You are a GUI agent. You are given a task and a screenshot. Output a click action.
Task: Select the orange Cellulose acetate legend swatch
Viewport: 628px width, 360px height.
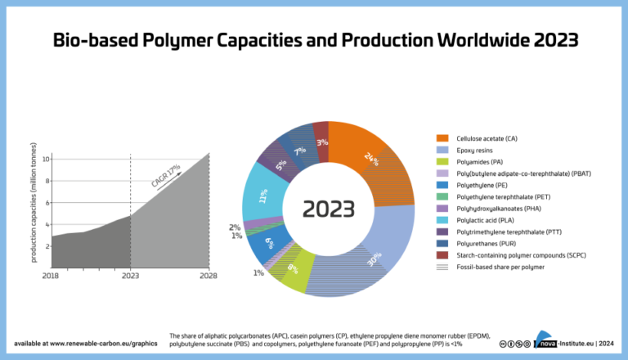[x=443, y=138]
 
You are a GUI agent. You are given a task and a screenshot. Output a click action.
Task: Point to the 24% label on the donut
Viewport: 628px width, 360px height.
[x=372, y=159]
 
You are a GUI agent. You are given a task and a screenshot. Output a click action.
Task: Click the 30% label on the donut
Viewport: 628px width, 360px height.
[x=375, y=259]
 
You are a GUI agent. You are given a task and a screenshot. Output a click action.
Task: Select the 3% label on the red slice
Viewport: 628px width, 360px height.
[x=323, y=142]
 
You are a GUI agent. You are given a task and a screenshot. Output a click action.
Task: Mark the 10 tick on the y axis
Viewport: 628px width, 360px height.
[x=46, y=158]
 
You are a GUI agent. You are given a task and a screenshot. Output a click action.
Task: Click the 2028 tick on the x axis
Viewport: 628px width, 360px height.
[x=208, y=276]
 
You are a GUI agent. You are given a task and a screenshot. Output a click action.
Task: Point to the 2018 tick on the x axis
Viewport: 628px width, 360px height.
[x=51, y=276]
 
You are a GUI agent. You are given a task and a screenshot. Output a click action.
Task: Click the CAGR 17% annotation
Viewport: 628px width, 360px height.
[x=165, y=177]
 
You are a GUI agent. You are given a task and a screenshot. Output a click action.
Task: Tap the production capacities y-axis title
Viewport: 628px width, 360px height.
[x=34, y=212]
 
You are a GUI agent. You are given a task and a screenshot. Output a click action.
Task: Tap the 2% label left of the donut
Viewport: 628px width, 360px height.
[x=235, y=227]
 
